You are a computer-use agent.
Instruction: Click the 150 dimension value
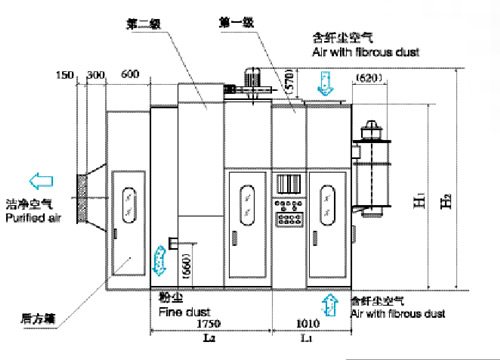(66, 75)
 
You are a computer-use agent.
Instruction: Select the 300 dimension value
(97, 75)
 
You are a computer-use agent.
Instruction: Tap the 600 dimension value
(130, 75)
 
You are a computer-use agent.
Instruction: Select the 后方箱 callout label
(37, 320)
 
